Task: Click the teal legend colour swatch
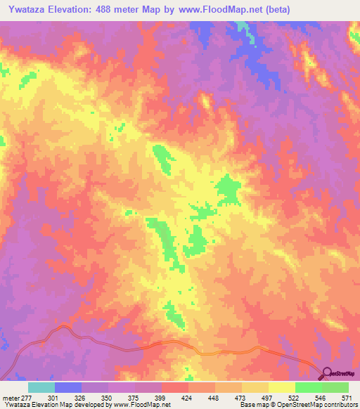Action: [x=41, y=387]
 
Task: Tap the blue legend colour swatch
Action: [x=67, y=387]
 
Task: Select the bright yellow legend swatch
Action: [x=281, y=387]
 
